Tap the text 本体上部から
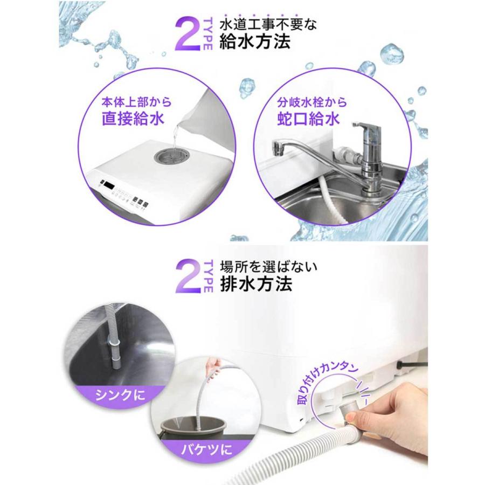point(132,101)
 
